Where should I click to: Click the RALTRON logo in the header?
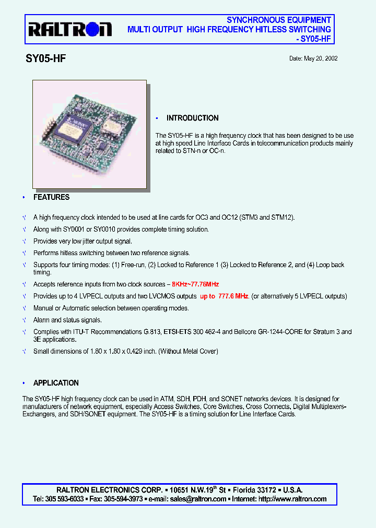click(x=69, y=30)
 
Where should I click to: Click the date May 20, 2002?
click(x=313, y=58)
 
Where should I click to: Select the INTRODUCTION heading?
click(x=192, y=118)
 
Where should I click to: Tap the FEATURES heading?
click(x=51, y=197)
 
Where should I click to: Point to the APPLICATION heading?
click(x=56, y=383)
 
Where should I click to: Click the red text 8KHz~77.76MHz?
click(x=195, y=284)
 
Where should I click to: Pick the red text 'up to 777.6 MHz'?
click(x=224, y=296)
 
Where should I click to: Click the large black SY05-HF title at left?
click(x=45, y=59)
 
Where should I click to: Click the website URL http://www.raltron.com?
click(x=292, y=499)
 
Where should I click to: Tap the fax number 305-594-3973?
click(x=123, y=499)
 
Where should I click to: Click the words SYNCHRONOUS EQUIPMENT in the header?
click(x=279, y=20)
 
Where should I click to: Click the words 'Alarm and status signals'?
click(x=67, y=320)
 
